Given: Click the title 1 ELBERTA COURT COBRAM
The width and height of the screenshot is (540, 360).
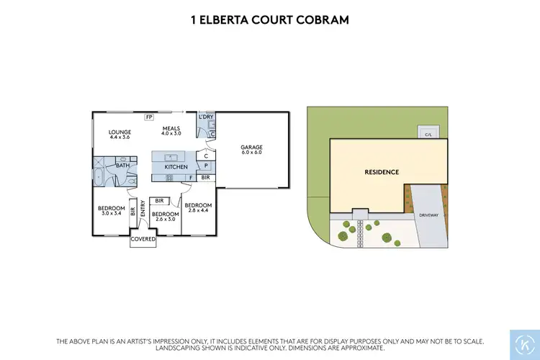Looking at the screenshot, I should [269, 20].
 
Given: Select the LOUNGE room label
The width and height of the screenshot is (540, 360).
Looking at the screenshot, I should [119, 132].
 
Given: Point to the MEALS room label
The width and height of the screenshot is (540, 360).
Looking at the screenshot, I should [171, 128].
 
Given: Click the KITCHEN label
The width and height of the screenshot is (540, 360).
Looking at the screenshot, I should [176, 167].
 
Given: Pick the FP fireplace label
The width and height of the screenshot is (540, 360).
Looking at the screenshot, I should [149, 117].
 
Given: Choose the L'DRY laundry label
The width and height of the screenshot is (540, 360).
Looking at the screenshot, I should [207, 117].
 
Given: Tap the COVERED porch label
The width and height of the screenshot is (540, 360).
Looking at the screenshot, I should [143, 239].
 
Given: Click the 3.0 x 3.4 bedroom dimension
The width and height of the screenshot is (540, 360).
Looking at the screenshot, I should [112, 213].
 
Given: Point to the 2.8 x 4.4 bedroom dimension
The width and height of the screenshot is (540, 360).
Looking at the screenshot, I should [198, 210].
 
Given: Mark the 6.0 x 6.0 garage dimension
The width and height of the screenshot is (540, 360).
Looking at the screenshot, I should [251, 153].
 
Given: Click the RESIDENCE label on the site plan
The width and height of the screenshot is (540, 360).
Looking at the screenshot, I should [382, 172].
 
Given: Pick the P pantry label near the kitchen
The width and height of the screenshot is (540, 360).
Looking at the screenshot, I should [207, 166].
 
